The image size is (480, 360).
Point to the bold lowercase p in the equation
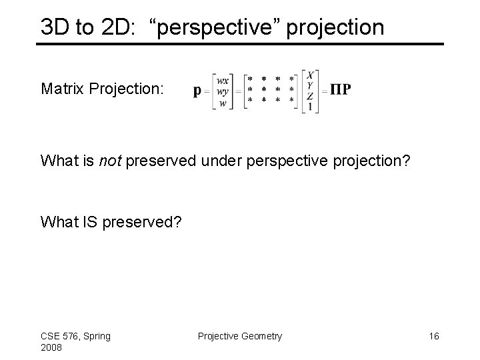(x=197, y=91)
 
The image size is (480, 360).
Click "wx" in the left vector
(x=223, y=79)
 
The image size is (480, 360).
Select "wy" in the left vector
(x=223, y=91)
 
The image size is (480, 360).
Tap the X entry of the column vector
(x=311, y=74)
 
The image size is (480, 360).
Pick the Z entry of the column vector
(x=311, y=97)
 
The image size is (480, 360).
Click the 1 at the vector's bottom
(x=311, y=107)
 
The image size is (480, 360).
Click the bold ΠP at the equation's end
(x=341, y=91)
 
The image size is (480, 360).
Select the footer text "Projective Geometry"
(x=240, y=336)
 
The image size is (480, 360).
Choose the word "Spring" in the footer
(x=97, y=336)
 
